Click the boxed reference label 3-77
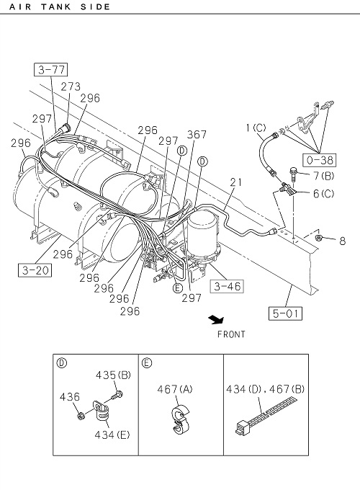[x=50, y=69]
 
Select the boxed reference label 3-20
[x=35, y=270]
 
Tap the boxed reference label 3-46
[x=227, y=286]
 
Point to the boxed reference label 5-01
[x=285, y=313]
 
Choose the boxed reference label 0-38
[x=320, y=160]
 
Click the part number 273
[x=71, y=86]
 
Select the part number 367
[x=197, y=134]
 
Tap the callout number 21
[x=236, y=182]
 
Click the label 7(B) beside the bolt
[x=323, y=176]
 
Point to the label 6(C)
[x=323, y=194]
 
